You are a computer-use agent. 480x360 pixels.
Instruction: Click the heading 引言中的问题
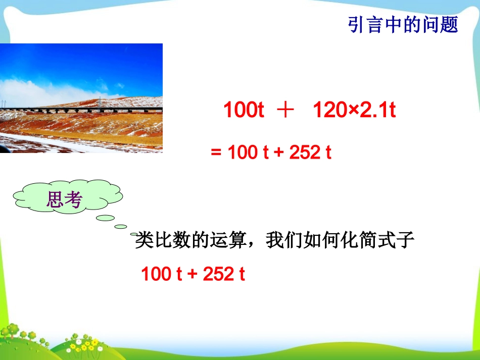[403, 24]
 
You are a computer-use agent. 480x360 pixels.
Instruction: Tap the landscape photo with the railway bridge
[81, 98]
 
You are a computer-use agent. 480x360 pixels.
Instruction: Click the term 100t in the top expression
[244, 111]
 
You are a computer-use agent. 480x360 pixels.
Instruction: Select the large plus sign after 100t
[285, 111]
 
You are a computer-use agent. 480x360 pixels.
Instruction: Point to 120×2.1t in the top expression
[354, 111]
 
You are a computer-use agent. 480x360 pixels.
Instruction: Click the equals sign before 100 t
[216, 153]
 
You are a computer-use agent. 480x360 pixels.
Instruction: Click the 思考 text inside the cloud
[64, 199]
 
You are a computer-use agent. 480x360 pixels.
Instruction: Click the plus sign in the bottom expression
[192, 275]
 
